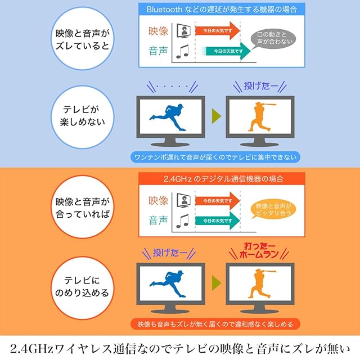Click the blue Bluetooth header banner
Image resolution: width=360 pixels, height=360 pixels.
(x=222, y=9)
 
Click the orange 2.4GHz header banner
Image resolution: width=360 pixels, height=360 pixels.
(x=222, y=179)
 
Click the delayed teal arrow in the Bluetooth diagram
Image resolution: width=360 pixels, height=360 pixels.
(x=227, y=51)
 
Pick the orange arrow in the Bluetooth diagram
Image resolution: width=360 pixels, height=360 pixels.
(x=217, y=30)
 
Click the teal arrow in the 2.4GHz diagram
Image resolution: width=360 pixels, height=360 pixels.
(x=217, y=220)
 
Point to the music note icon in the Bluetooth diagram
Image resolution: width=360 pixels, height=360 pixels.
(x=182, y=51)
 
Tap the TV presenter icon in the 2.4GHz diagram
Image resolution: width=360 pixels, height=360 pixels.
(x=183, y=200)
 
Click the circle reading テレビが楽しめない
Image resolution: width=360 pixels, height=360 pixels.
(x=82, y=117)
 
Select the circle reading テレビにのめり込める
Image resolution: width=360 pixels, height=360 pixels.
(x=82, y=287)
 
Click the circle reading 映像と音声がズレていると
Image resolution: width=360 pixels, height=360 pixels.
(x=82, y=38)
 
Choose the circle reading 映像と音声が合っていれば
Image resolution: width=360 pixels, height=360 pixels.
(x=82, y=206)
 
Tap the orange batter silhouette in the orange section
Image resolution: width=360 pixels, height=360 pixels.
(x=260, y=283)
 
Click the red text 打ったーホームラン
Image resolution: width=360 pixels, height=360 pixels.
(x=259, y=251)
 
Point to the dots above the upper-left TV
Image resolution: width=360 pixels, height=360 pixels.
(x=172, y=87)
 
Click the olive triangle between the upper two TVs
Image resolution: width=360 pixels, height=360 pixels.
(x=216, y=116)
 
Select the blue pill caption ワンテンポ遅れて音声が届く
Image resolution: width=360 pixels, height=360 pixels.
(x=215, y=157)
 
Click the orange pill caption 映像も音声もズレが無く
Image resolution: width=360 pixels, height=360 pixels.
(x=215, y=324)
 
